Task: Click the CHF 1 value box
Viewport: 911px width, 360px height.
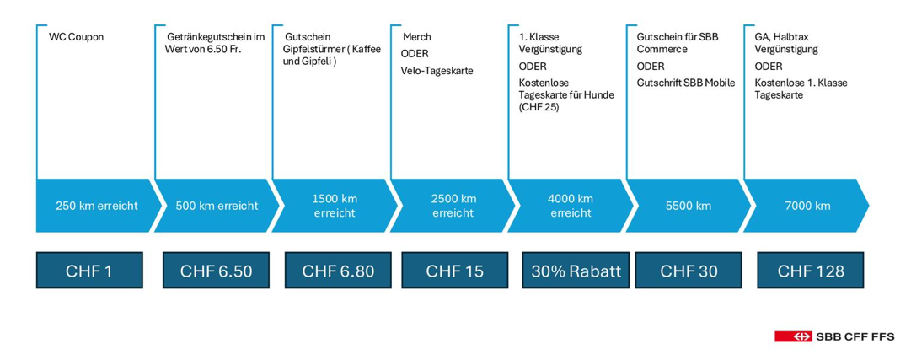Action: click(89, 271)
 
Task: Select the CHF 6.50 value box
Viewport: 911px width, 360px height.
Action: click(216, 271)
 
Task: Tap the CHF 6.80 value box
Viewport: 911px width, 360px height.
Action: click(338, 271)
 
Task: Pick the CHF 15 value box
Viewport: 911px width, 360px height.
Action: click(454, 271)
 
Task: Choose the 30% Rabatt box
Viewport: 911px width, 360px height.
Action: click(576, 271)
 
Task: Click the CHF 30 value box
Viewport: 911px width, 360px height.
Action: click(689, 271)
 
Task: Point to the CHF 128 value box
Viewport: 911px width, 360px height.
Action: click(811, 271)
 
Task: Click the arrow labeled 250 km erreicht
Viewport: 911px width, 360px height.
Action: click(97, 206)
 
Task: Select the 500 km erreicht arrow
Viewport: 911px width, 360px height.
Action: click(217, 206)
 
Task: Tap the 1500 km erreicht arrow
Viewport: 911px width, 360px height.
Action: click(335, 206)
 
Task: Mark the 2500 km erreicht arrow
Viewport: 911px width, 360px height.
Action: click(453, 206)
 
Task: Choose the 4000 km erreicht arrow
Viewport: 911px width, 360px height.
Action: click(571, 206)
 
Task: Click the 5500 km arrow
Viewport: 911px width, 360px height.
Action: click(689, 206)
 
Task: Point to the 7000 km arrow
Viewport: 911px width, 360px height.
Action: click(807, 206)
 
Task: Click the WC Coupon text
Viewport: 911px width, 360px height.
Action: click(77, 38)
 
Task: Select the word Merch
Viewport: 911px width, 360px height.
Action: click(416, 37)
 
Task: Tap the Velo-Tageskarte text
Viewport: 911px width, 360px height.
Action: click(437, 71)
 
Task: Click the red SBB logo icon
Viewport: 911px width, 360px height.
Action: click(793, 336)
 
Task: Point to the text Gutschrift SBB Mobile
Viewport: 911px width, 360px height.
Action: click(686, 83)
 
